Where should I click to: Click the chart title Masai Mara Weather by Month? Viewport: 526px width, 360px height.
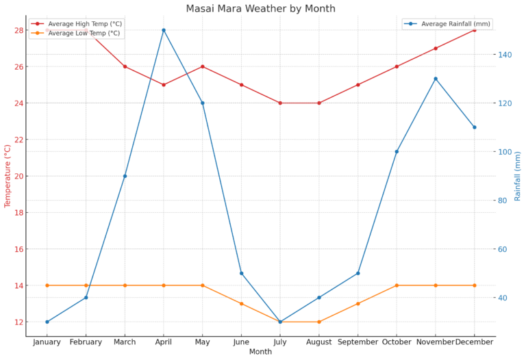260,9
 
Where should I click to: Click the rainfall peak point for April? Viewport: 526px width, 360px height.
164,30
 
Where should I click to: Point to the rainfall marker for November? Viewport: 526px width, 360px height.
436,79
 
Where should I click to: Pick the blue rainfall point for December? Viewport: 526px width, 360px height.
474,127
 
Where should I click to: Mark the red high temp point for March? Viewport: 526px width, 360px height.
125,66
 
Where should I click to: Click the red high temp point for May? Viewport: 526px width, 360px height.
203,66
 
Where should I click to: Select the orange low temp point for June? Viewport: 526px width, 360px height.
241,303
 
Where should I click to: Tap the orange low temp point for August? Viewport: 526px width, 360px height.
319,322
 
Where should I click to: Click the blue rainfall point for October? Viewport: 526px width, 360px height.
397,151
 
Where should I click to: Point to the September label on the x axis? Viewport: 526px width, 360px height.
358,342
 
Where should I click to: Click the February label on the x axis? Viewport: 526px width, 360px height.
86,342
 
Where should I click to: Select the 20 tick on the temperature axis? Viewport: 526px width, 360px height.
18,176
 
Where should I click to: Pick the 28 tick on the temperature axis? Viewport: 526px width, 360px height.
18,30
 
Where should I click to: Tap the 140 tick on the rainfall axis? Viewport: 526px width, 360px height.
505,55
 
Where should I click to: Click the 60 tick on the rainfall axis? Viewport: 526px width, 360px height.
503,249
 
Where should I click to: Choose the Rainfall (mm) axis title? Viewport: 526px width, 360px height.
518,176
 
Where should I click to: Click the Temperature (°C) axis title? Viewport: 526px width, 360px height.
8,176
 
